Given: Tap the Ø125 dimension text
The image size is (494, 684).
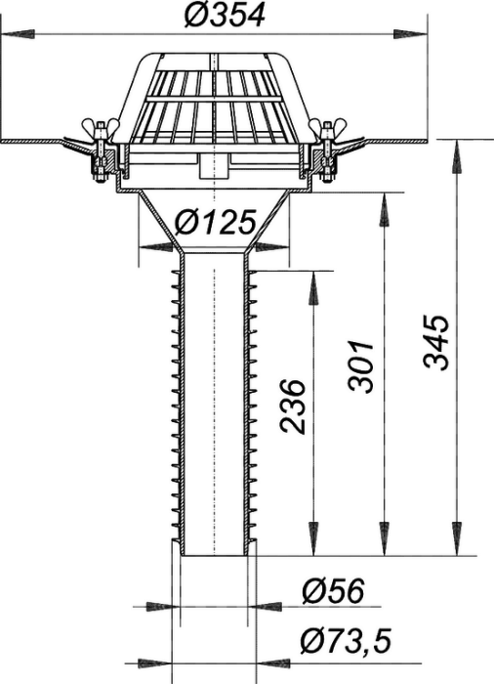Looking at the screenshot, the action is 215,222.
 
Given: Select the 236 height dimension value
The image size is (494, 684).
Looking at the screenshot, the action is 292,406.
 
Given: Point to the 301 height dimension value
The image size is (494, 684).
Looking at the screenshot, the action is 361,366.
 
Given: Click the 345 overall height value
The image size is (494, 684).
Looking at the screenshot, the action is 436,342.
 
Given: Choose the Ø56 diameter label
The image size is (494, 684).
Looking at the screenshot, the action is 333,591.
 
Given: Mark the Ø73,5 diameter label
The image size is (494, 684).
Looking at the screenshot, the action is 346,641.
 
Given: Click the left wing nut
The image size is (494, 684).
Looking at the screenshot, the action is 101,126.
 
